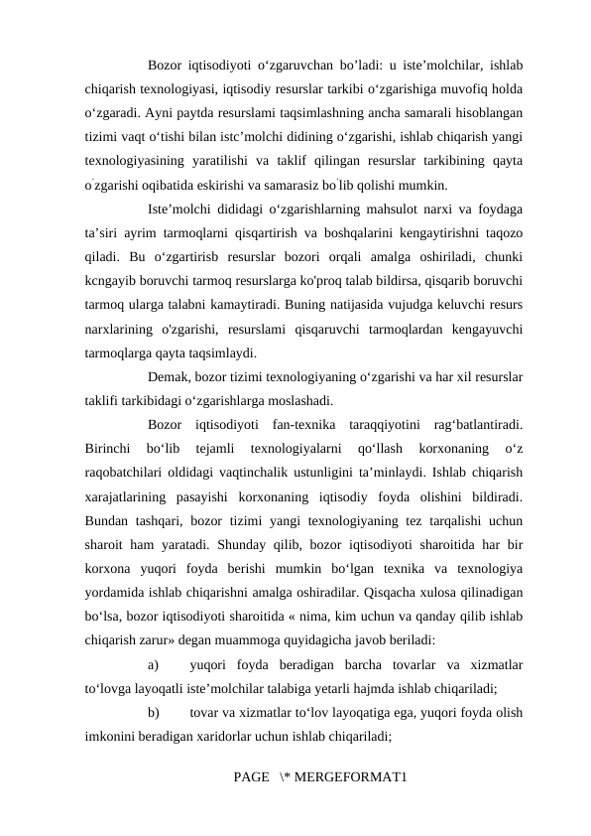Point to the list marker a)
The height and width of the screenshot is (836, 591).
(154, 663)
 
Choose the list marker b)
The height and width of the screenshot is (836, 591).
(154, 711)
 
